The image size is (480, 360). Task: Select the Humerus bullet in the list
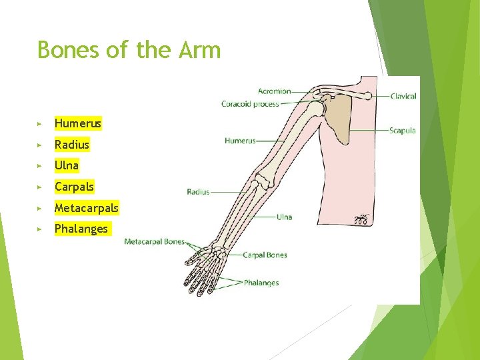point(78,123)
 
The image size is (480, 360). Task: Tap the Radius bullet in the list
point(72,145)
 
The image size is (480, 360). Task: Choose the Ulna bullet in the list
point(67,165)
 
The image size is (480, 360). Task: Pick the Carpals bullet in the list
point(74,187)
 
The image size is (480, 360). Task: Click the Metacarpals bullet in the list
point(86,208)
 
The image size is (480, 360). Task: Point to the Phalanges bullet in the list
point(81,229)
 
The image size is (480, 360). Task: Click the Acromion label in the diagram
point(274,91)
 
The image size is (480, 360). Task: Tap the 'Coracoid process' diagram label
point(250,104)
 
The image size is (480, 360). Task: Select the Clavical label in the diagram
point(403,96)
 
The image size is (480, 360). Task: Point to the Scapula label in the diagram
point(403,131)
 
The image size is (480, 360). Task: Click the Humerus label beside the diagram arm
point(240,141)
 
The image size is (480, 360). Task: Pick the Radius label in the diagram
point(198,192)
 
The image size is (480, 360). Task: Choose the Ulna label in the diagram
point(284,217)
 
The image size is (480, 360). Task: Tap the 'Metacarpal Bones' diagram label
point(154,241)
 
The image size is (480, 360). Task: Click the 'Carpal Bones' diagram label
point(265,255)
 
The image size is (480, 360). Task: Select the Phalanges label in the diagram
point(261,283)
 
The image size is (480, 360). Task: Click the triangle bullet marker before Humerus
point(40,124)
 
